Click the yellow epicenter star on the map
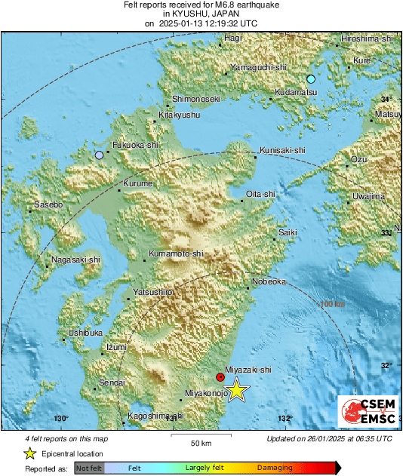[237, 390]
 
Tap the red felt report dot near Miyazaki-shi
[220, 376]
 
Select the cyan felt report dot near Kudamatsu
[310, 79]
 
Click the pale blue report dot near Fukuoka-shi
[99, 155]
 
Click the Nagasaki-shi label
[75, 260]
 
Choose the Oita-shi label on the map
[260, 194]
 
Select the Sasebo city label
[48, 204]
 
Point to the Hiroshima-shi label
[369, 38]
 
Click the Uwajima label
[368, 196]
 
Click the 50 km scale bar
[199, 436]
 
